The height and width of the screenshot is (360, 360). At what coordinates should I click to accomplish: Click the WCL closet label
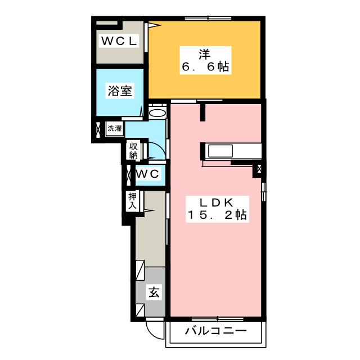119,40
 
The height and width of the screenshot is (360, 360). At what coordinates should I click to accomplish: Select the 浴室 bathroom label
120,90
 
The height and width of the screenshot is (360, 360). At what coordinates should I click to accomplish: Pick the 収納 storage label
133,150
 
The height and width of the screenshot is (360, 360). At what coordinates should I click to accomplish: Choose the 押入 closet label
132,201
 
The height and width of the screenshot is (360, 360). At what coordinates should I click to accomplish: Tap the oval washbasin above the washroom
158,112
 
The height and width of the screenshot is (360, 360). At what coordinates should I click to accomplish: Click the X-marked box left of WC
128,174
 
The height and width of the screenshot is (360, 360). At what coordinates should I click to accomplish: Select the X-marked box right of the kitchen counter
259,168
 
